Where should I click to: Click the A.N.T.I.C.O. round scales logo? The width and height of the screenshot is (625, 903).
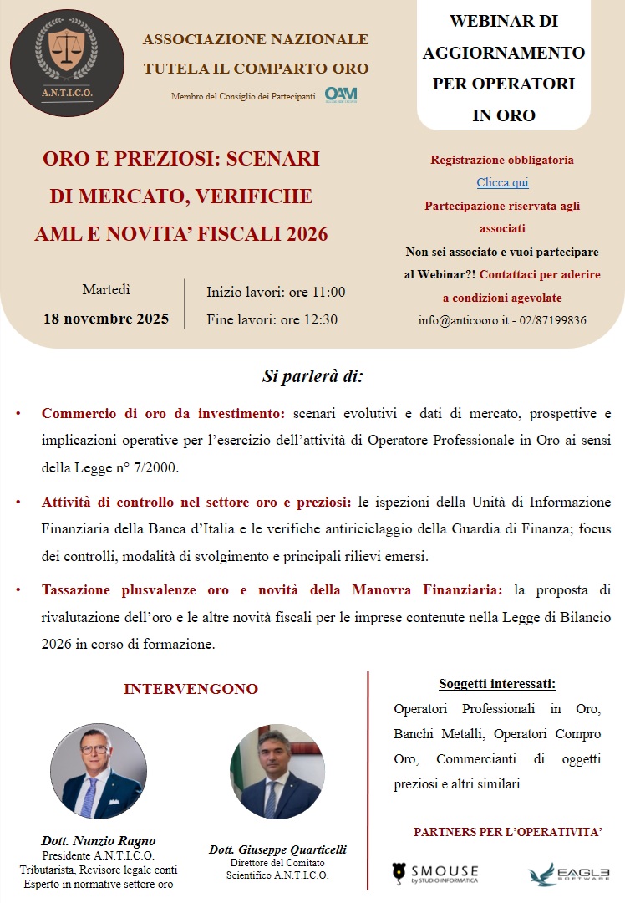pos(67,62)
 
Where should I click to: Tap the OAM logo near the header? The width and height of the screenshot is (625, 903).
pos(341,94)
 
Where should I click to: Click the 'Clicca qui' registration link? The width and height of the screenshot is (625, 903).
pos(502,182)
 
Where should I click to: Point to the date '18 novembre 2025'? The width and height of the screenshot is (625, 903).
pos(106,319)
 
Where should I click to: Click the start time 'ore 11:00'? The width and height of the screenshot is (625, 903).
pos(317,292)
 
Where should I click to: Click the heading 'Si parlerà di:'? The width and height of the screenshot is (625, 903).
pos(312,376)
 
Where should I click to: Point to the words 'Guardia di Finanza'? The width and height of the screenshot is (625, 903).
pos(495,529)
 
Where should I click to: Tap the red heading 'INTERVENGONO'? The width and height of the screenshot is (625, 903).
pos(191,689)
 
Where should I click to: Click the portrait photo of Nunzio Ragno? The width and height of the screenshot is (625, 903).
pos(99,772)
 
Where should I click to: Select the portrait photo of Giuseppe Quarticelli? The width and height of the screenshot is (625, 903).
pos(277,772)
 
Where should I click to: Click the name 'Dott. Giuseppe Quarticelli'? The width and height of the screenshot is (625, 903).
pos(277,849)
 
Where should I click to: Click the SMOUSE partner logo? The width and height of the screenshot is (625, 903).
pos(435,874)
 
